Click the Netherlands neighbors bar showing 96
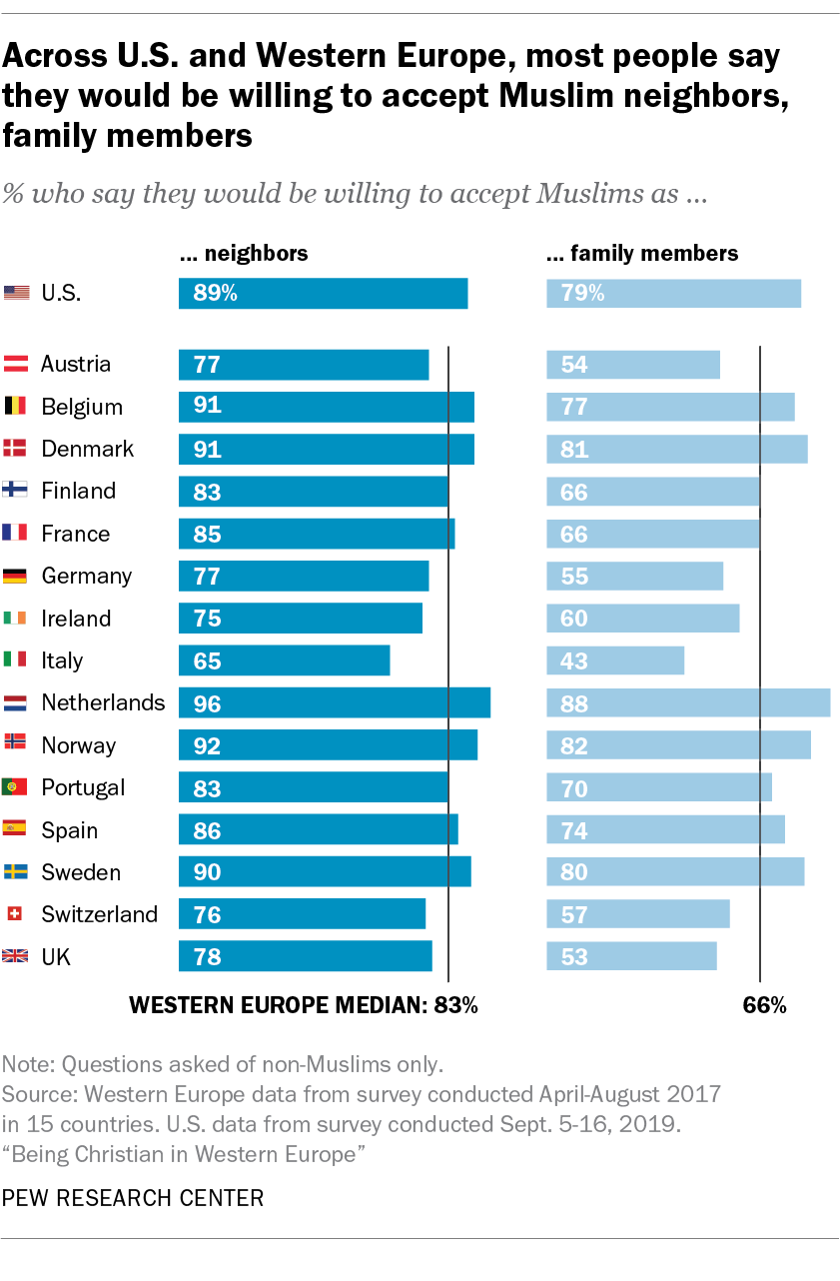coord(334,702)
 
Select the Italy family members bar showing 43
coord(614,660)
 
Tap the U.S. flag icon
coord(16,293)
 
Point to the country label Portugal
coord(83,787)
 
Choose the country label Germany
coord(86,576)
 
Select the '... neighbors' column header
coord(243,253)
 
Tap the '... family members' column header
coord(642,253)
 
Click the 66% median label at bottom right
coord(764,1005)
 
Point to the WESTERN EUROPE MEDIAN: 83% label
coord(305,1005)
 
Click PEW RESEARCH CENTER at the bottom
coord(133,1197)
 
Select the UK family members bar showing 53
coord(631,956)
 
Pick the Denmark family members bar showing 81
coord(676,449)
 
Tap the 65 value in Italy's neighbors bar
coord(207,660)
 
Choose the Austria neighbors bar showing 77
coord(303,364)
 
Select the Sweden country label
coord(80,872)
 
